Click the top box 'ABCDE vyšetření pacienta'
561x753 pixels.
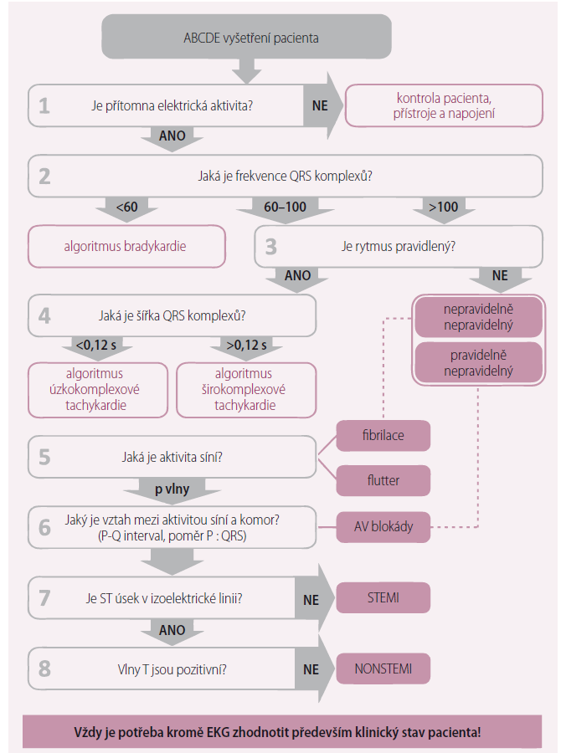click(250, 38)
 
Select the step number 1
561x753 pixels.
click(44, 105)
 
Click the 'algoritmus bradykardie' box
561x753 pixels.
click(126, 246)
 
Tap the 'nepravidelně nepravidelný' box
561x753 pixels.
click(478, 316)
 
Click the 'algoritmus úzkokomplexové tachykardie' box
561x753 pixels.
click(98, 389)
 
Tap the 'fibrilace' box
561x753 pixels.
click(383, 435)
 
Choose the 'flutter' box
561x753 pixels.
click(383, 480)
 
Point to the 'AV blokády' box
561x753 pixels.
click(383, 526)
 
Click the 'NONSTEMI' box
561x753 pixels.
click(383, 668)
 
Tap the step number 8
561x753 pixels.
click(44, 668)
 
